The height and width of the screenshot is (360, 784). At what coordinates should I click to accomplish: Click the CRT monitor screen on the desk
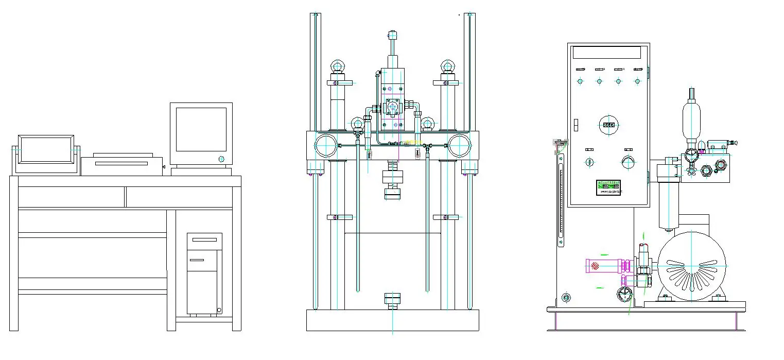(x=201, y=129)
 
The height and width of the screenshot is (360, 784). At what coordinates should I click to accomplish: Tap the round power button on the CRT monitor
(x=222, y=159)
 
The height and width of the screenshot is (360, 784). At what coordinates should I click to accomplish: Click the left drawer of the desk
(x=71, y=197)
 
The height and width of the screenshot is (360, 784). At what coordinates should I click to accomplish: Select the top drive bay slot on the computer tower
(x=204, y=239)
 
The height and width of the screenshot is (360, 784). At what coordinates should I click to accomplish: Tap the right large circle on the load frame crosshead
(x=459, y=146)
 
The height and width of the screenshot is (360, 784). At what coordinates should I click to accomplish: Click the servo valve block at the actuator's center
(x=393, y=107)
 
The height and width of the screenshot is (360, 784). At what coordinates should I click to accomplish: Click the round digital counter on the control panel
(x=608, y=125)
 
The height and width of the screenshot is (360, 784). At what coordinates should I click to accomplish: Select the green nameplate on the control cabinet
(x=608, y=187)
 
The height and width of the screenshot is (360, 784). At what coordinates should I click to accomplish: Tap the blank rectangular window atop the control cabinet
(x=606, y=53)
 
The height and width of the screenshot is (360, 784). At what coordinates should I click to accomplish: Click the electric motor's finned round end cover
(x=692, y=266)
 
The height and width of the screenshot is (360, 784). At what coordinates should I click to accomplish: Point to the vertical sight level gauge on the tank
(x=561, y=201)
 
